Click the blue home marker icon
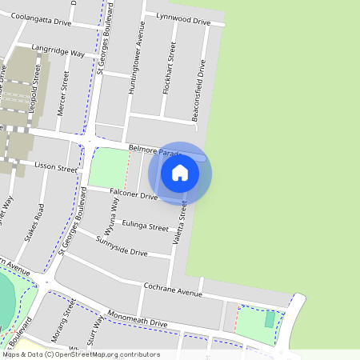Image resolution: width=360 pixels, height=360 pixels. coord(180,173)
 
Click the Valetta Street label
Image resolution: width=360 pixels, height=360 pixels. coord(182,225)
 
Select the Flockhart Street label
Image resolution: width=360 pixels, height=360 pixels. coord(169,70)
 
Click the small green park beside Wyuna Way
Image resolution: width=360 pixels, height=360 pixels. coord(107,168)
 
